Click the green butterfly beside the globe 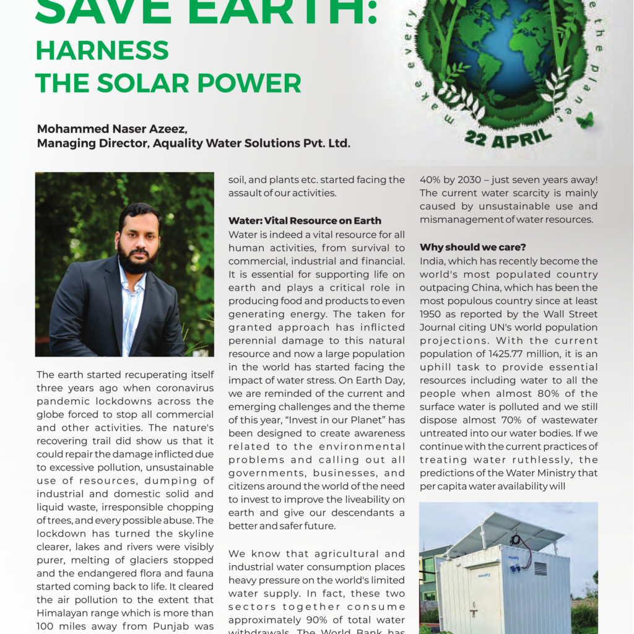(585, 119)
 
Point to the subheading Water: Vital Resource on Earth (305, 221)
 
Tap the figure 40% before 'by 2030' (432, 180)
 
